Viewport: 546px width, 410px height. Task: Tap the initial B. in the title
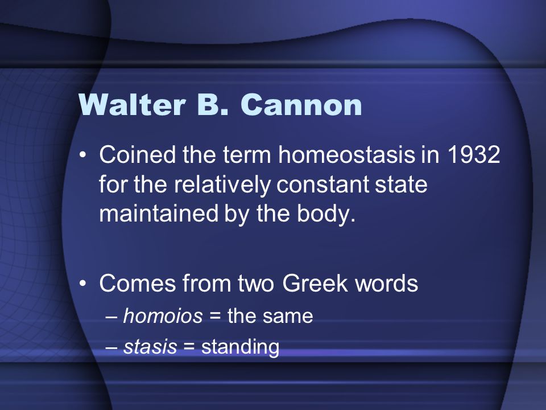(x=213, y=105)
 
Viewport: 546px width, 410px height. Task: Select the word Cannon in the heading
(x=301, y=105)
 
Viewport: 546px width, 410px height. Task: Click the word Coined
(x=138, y=154)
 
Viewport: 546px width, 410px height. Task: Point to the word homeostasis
(x=346, y=154)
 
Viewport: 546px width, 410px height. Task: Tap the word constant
(x=322, y=184)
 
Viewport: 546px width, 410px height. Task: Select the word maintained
(x=159, y=213)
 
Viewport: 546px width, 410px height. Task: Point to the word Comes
(x=138, y=283)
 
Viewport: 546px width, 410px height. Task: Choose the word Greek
(x=315, y=282)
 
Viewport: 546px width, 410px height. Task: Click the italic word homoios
(x=163, y=316)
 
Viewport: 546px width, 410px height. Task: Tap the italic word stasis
(x=150, y=347)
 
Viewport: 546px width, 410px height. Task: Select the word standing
(x=240, y=347)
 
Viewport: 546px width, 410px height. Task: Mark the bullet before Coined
(x=82, y=154)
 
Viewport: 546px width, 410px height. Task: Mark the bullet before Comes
(x=82, y=283)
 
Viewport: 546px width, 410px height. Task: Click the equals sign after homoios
(x=215, y=317)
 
